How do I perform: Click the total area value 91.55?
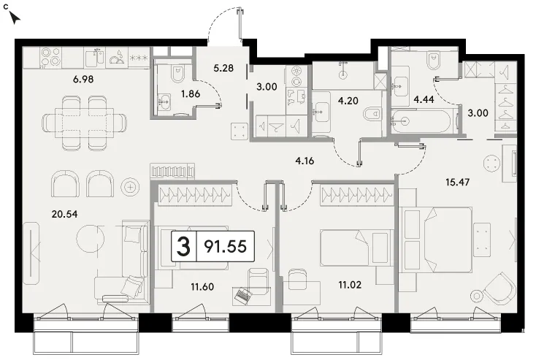(x=225, y=246)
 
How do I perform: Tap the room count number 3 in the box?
(x=183, y=246)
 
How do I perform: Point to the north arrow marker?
(x=15, y=18)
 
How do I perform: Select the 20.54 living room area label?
(x=64, y=215)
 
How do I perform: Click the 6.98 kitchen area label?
(x=83, y=80)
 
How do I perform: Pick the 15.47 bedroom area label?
(x=457, y=183)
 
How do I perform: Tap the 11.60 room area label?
(x=202, y=286)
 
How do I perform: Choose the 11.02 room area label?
(x=350, y=285)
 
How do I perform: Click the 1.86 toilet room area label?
(x=191, y=93)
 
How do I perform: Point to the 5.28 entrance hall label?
(x=223, y=68)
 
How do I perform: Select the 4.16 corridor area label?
(x=305, y=161)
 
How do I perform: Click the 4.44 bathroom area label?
(x=424, y=99)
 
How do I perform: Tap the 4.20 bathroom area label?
(x=348, y=101)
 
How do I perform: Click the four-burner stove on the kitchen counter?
(x=51, y=57)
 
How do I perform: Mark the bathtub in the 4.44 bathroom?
(x=421, y=121)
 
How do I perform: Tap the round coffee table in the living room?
(x=90, y=238)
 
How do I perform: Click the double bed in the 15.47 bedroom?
(x=437, y=239)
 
